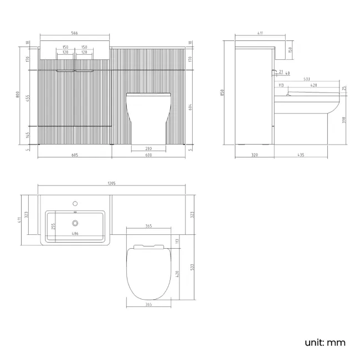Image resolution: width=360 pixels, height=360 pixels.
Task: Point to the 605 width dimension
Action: click(x=74, y=155)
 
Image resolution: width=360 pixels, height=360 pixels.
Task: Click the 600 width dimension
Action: click(x=148, y=155)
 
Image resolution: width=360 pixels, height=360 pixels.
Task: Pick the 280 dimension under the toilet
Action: click(x=148, y=148)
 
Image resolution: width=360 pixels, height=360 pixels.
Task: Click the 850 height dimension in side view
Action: click(x=223, y=93)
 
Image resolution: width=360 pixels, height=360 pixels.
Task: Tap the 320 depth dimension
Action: click(x=254, y=155)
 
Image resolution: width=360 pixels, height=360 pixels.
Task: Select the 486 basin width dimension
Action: click(x=74, y=234)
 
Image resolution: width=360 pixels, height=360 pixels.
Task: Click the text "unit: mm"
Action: click(x=325, y=342)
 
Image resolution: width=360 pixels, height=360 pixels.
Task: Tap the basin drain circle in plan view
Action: click(x=75, y=224)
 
